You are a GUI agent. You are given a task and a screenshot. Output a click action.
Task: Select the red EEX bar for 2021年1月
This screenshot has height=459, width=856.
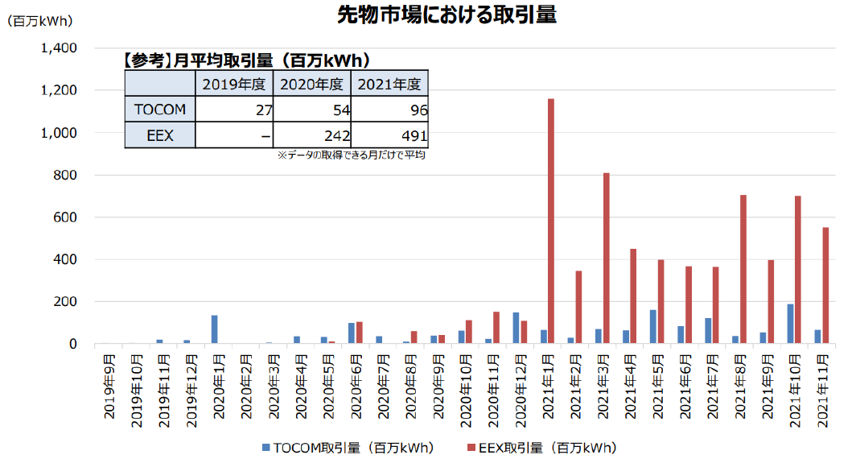(x=551, y=221)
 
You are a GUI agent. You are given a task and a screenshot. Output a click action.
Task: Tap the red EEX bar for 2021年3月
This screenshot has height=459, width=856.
(x=606, y=258)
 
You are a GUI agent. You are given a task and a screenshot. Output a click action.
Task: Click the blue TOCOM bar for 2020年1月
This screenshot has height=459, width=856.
(x=215, y=329)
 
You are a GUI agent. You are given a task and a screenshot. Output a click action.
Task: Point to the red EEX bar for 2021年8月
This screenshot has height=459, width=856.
(x=743, y=269)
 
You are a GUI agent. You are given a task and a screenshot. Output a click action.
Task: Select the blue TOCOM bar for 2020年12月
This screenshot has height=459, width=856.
(x=515, y=328)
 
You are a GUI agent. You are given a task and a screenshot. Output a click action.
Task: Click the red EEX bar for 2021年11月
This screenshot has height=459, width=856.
(x=825, y=285)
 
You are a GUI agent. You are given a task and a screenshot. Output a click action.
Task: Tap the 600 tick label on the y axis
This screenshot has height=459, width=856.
(x=64, y=217)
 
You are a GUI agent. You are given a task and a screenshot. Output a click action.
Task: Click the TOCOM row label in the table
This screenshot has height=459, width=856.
(x=159, y=110)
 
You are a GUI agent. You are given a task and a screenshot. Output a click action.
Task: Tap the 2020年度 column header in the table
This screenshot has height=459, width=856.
(x=311, y=84)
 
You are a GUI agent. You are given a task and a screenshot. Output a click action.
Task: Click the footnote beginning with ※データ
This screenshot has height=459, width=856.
(x=350, y=155)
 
